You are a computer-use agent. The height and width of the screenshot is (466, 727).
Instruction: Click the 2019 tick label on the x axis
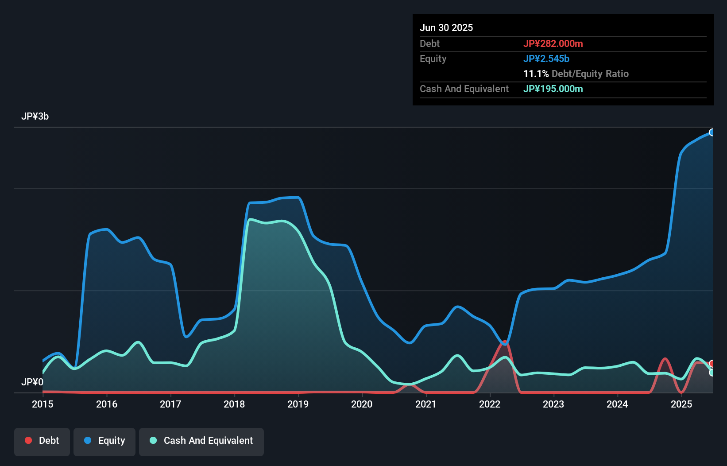pos(298,404)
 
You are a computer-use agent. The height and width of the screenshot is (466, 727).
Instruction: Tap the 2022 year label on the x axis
pos(490,404)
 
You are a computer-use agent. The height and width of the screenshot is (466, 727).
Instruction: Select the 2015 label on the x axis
pos(43,404)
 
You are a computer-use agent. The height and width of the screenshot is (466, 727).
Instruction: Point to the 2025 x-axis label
pos(681,404)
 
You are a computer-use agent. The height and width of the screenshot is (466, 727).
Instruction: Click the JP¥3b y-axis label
pos(35,116)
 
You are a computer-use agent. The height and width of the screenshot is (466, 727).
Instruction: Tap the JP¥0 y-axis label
pos(32,382)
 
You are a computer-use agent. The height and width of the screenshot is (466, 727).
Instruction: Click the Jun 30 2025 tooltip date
pos(446,27)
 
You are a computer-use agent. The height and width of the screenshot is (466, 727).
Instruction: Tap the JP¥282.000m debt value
pos(553,43)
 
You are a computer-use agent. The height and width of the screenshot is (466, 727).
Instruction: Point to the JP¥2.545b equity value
pos(546,58)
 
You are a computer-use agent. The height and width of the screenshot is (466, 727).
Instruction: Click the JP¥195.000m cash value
pos(553,89)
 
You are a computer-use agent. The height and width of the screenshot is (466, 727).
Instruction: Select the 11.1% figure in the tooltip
pos(536,74)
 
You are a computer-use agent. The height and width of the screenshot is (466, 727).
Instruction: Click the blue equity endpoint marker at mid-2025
pos(712,132)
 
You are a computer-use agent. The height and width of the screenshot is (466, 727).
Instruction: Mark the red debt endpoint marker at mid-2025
pos(712,364)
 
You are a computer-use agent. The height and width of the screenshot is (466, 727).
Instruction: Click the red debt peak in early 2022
pos(505,343)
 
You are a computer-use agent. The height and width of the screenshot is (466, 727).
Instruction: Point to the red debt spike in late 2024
pos(665,359)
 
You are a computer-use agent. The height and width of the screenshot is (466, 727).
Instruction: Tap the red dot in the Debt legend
pos(28,440)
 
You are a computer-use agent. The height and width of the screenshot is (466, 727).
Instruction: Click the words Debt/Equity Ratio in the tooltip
pos(590,74)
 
